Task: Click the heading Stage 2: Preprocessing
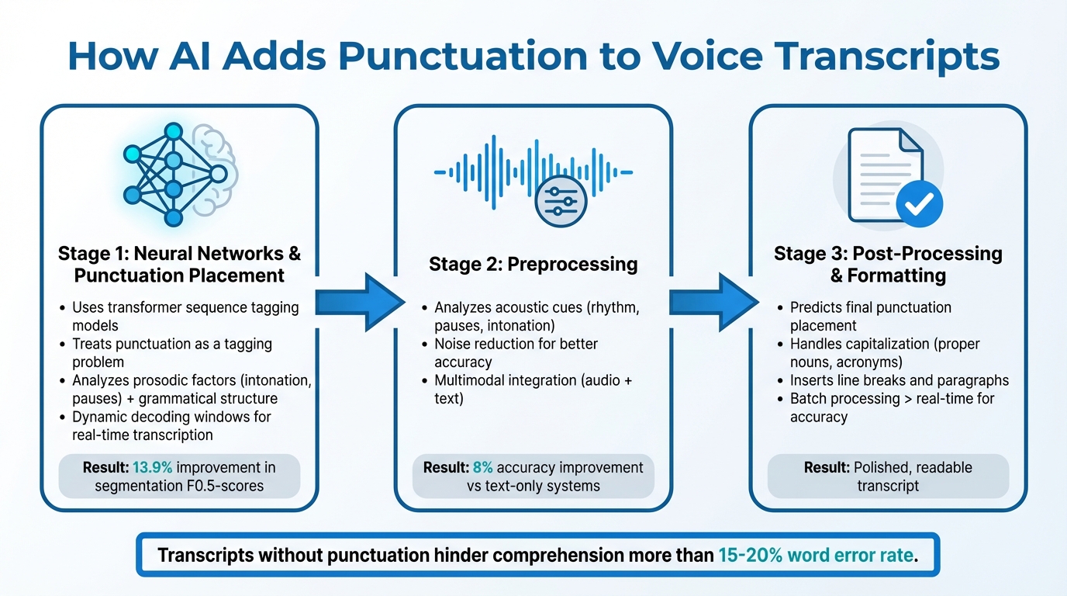533,265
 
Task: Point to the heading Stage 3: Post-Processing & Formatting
888,265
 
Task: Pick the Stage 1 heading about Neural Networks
179,265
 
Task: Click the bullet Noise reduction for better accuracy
516,353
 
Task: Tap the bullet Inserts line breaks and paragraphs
899,380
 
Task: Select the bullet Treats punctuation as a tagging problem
171,353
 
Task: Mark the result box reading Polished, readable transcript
888,476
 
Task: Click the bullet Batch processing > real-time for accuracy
891,407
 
